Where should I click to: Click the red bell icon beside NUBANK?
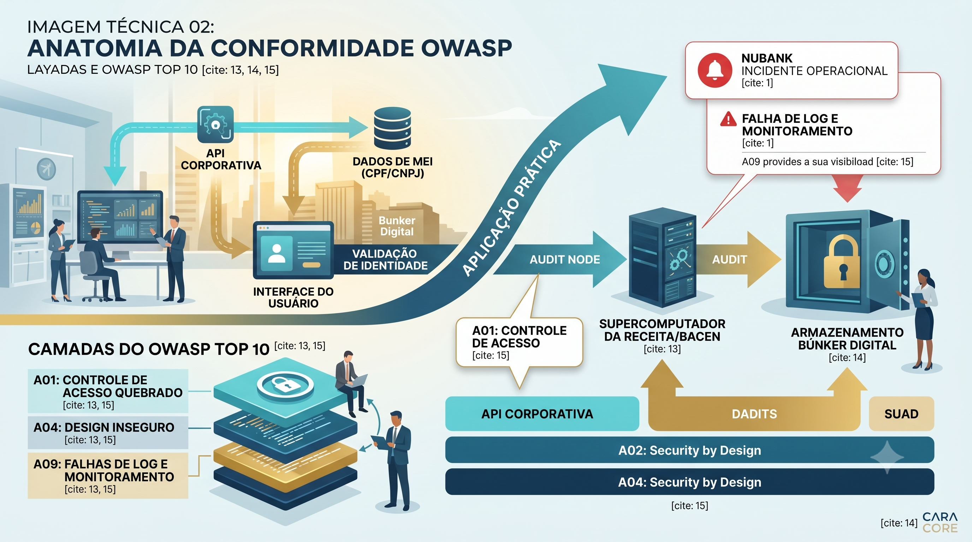coord(715,70)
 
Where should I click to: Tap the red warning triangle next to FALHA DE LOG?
coord(728,119)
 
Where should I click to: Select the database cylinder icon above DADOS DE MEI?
coord(392,128)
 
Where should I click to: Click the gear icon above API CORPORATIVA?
coord(215,124)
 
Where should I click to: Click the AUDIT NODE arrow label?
coord(564,259)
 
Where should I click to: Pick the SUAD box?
coord(901,414)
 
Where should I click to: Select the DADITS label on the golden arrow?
coord(754,414)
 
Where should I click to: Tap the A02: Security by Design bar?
coord(689,450)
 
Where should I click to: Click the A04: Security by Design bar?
coord(689,482)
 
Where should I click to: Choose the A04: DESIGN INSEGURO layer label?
coord(108,432)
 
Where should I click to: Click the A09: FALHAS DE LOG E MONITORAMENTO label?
coord(108,476)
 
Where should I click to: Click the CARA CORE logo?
coord(940,522)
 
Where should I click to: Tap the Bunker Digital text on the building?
coord(397,226)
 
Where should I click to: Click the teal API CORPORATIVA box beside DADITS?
coord(542,414)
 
